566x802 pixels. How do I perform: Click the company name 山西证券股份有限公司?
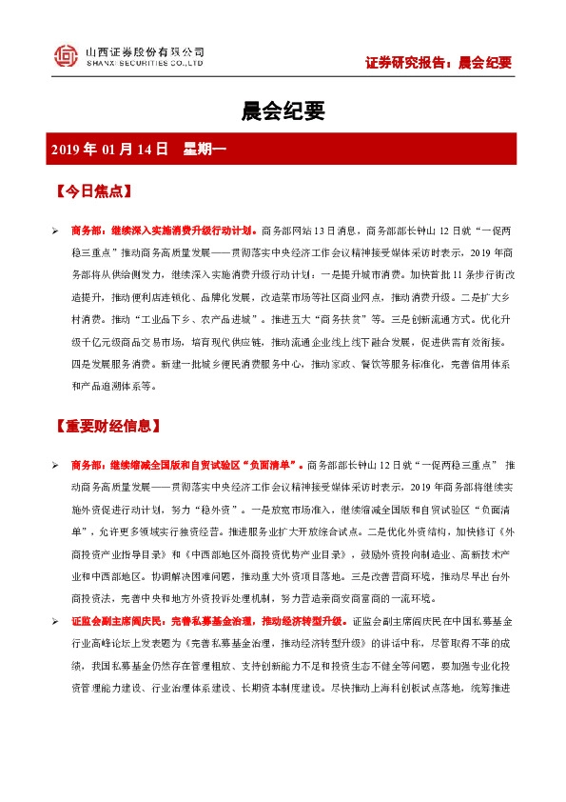tap(145, 50)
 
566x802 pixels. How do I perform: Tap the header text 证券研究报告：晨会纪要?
tap(439, 63)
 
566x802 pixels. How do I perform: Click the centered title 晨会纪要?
tap(283, 111)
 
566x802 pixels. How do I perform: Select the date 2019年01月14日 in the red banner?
tap(109, 149)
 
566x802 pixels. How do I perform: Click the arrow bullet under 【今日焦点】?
tap(55, 231)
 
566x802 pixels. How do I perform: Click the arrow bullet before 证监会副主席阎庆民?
tap(55, 648)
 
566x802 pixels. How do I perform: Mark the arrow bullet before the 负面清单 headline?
tap(55, 465)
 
